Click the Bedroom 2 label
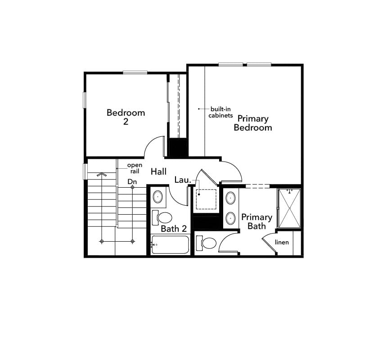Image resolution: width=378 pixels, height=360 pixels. pos(126,117)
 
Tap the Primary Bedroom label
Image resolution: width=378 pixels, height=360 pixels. pos(252,123)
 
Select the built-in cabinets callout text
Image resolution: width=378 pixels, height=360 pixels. pos(220,112)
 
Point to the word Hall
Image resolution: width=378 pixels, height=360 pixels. pos(158,171)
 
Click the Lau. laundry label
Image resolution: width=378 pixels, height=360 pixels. pos(183,180)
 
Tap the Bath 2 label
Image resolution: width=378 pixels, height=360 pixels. pos(174,229)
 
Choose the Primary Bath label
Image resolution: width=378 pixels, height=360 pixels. pos(256,221)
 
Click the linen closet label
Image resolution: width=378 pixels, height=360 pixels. pos(282,243)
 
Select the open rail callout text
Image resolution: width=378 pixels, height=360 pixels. pos(135,168)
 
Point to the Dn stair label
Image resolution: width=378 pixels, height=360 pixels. pos(132,181)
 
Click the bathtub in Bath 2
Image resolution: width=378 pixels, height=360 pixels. pos(170,245)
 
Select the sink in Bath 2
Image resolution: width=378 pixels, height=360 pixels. pos(158,197)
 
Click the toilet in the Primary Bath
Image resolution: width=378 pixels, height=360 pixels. pos(207,243)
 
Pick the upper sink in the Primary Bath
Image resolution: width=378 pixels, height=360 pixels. pos(230,198)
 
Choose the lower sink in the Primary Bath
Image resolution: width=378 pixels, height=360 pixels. pos(230,218)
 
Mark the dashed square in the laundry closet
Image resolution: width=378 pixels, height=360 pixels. pos(207,199)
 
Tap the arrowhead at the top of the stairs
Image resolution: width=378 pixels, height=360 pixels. pos(102,174)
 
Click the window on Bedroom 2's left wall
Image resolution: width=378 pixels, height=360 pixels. pos(84,99)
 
